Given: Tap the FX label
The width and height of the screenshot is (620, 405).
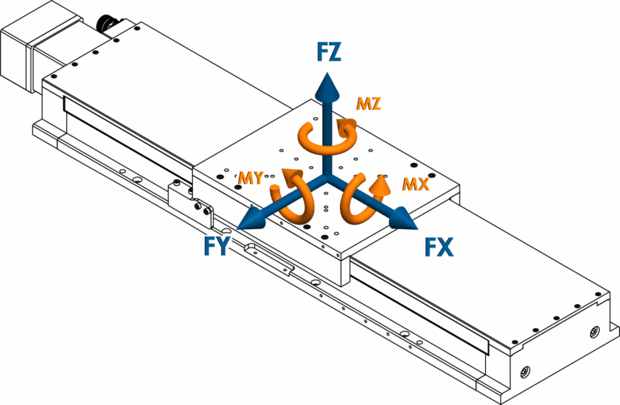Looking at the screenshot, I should pos(439,245).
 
